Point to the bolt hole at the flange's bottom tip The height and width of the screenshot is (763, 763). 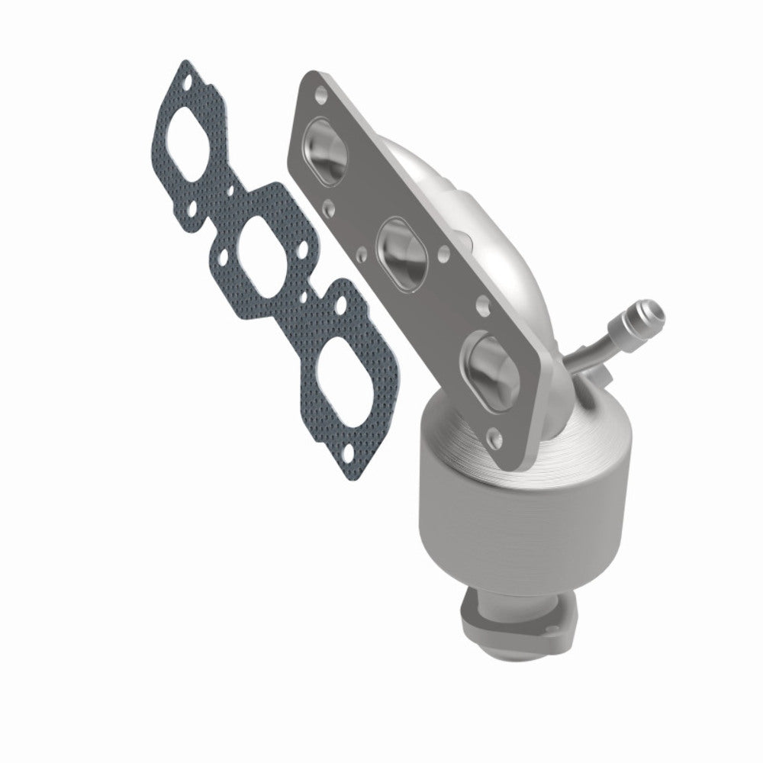tap(497, 437)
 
